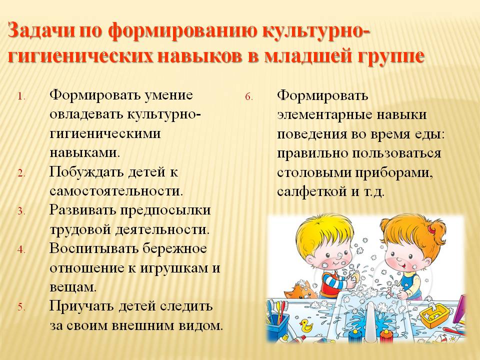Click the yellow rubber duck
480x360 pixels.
click(306, 325)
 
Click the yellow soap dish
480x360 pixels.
click(435, 315)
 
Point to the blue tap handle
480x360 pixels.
click(355, 334)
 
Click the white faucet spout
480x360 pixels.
click(370, 321)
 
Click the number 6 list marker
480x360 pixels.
click(249, 97)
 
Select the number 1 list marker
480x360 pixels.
click(21, 97)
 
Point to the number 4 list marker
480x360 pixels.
click(21, 250)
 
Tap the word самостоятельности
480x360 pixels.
click(116, 191)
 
